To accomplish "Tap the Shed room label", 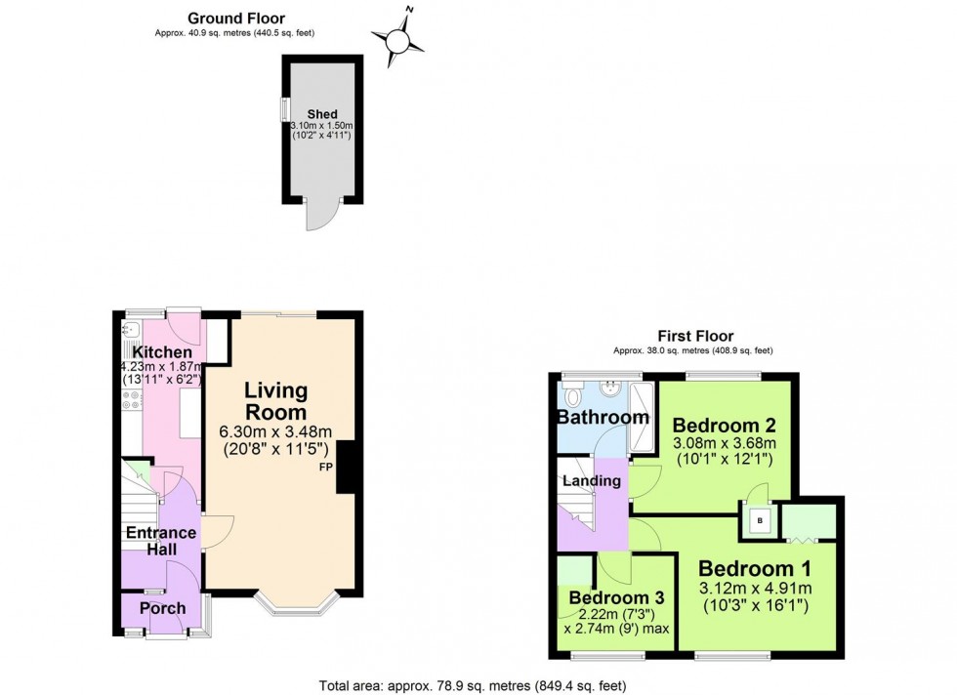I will (x=321, y=114).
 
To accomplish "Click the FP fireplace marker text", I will (x=325, y=468).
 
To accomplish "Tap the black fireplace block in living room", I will (x=346, y=466).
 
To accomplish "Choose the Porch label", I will (x=161, y=608).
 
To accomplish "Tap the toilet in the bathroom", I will (x=573, y=395).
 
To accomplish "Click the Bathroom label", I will (x=603, y=418).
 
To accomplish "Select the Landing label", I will (x=593, y=480).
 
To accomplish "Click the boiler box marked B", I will (x=758, y=520).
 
